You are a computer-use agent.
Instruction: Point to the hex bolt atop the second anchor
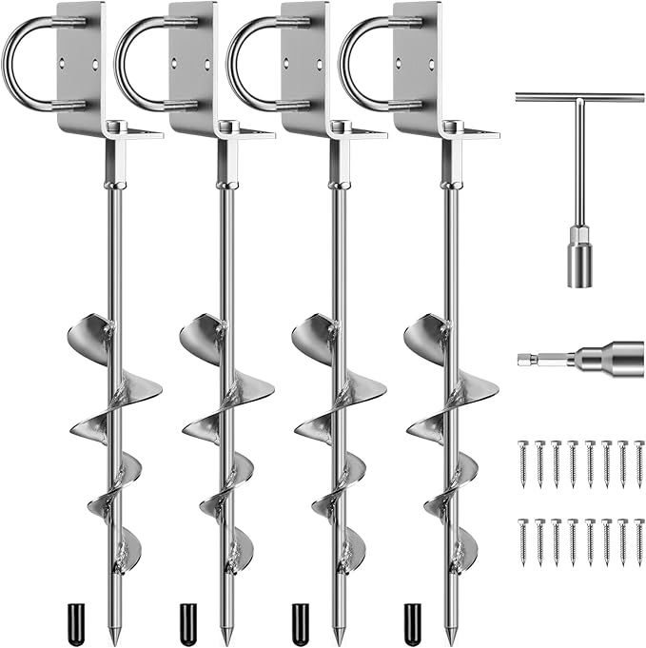(x=225, y=126)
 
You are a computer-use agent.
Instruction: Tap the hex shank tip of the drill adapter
(x=528, y=359)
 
